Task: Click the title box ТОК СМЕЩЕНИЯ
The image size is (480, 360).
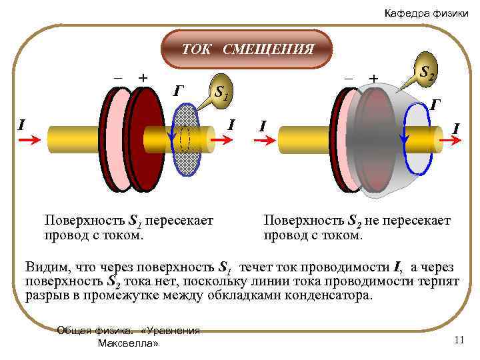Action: pyautogui.click(x=248, y=49)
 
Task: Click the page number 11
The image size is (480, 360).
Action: pyautogui.click(x=458, y=340)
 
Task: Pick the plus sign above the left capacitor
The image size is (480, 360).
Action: pyautogui.click(x=141, y=77)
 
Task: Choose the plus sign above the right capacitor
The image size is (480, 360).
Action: pyautogui.click(x=373, y=79)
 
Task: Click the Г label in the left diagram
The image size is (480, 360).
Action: pyautogui.click(x=178, y=90)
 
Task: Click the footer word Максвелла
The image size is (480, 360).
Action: pyautogui.click(x=128, y=343)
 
